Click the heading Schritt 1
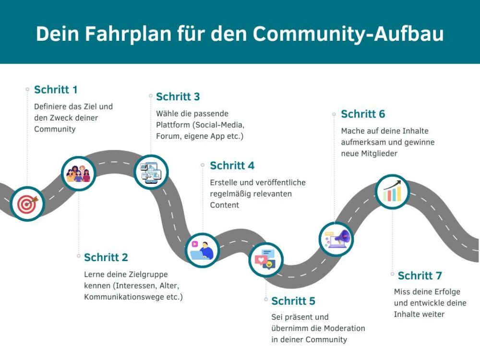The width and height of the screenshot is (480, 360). (x=56, y=90)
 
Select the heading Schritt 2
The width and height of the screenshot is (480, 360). (x=106, y=257)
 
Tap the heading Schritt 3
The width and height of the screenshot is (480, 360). (x=178, y=97)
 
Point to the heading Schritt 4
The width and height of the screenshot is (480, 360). (x=232, y=166)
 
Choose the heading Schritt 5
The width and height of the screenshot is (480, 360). (x=293, y=301)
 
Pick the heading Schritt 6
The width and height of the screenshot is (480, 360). (x=363, y=114)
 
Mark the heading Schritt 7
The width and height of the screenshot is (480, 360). (x=420, y=276)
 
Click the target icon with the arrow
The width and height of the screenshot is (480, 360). (x=27, y=204)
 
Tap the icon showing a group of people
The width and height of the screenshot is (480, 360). (x=79, y=174)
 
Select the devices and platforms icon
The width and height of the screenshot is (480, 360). (x=151, y=172)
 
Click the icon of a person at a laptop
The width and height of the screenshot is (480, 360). (x=202, y=250)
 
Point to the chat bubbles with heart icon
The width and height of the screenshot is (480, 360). (x=265, y=259)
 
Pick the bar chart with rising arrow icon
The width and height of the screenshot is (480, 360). (x=392, y=192)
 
